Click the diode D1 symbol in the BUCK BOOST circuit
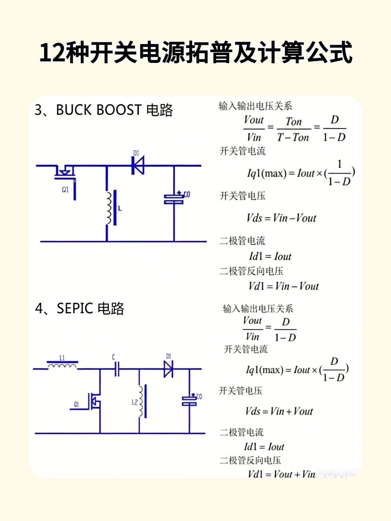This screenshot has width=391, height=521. [138, 165]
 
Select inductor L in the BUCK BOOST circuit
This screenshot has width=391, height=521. [112, 207]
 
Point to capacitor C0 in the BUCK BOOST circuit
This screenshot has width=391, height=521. [174, 199]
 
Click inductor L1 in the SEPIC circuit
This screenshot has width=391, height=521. [62, 365]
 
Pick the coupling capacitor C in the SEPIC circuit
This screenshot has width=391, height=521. [117, 369]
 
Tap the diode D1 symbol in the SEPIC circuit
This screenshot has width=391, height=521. [169, 369]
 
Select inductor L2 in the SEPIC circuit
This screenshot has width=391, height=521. [142, 401]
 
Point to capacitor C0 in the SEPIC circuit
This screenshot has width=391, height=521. [189, 401]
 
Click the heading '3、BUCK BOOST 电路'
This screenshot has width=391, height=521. [104, 110]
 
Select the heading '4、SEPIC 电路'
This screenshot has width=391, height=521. [80, 308]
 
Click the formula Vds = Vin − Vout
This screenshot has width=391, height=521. [281, 218]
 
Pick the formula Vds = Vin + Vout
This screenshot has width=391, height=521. [279, 411]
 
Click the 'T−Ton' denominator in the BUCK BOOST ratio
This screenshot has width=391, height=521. [293, 137]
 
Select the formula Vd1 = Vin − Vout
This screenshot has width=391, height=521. [283, 286]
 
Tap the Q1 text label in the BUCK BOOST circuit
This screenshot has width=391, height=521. [65, 190]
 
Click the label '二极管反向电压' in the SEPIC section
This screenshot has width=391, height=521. [251, 460]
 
